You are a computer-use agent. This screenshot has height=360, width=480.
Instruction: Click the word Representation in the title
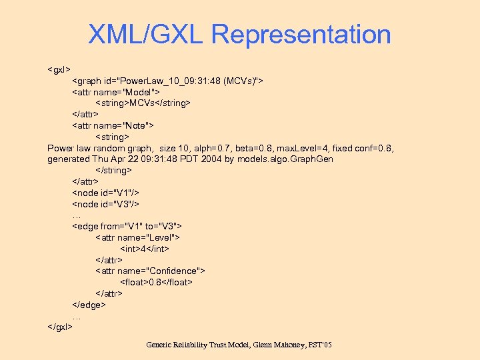[x=302, y=35]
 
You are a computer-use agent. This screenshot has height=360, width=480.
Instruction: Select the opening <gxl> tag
[x=59, y=69]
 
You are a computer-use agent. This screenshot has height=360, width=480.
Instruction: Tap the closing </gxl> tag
[x=61, y=327]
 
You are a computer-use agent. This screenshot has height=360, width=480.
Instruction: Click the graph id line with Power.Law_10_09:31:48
[x=167, y=81]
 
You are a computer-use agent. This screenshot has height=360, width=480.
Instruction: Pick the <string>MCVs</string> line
[x=143, y=103]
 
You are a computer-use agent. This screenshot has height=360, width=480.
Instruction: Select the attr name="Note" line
[x=113, y=125]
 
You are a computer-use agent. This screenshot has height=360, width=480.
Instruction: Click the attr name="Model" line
[x=115, y=91]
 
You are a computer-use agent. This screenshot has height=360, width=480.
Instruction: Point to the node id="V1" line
[x=105, y=193]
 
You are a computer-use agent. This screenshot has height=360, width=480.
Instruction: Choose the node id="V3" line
[x=105, y=204]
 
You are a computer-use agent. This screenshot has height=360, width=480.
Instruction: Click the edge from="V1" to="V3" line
[x=127, y=226]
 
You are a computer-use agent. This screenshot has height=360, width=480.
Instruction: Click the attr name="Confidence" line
[x=150, y=271]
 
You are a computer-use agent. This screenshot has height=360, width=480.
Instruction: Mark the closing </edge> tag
[x=89, y=305]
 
